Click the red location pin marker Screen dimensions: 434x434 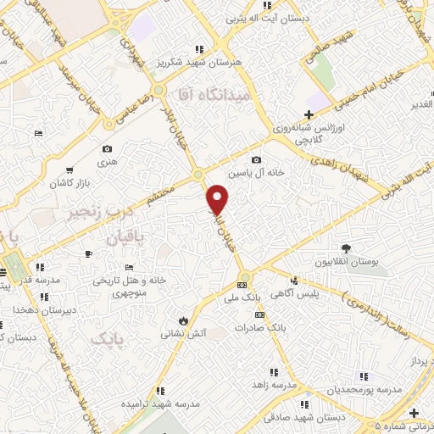click(x=219, y=199)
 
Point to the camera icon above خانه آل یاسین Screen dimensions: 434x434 click(x=256, y=159)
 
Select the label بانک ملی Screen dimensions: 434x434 click(x=244, y=298)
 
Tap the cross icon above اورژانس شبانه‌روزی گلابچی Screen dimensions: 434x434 click(x=309, y=114)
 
